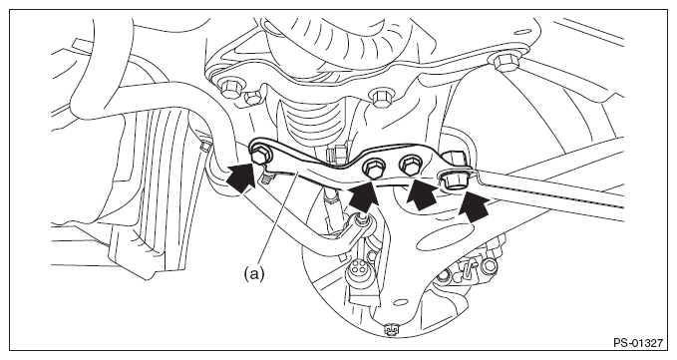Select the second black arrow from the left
pos(363,196)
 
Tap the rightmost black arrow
pos(474,206)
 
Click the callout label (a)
pos(254,273)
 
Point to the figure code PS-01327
pos(638,344)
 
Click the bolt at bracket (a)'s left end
pos(259,156)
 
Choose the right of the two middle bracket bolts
pos(411,165)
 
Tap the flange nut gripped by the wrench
pos(454,178)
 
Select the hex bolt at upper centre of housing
pos(381,99)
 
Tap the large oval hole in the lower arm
pos(441,238)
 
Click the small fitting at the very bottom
pos(391,330)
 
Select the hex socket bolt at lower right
pos(489,265)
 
